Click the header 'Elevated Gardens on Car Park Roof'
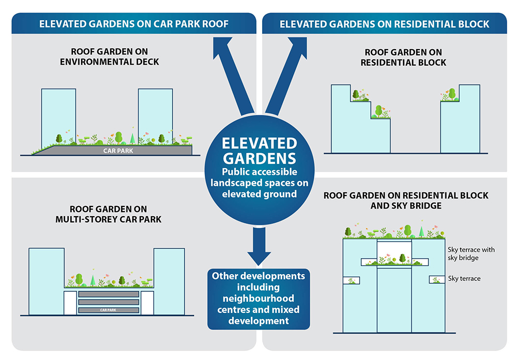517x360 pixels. click(134, 24)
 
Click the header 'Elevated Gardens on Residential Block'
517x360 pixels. click(384, 24)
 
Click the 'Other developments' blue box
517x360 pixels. click(258, 298)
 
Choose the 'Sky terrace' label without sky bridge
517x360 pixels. click(464, 279)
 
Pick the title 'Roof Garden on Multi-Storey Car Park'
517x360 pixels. click(109, 213)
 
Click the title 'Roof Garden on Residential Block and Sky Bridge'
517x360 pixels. click(405, 201)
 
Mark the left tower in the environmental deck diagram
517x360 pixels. click(58, 116)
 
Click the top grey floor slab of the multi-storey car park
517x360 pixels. click(109, 294)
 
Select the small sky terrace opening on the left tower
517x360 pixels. click(352, 280)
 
